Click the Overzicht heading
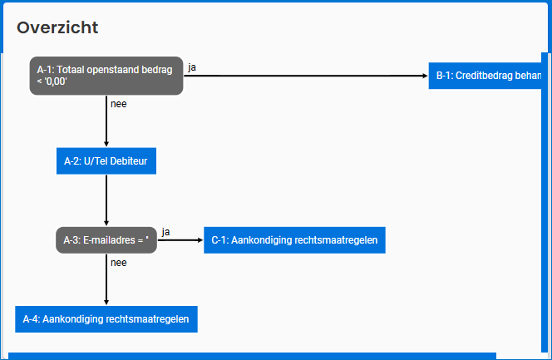(x=57, y=27)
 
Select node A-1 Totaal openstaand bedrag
(x=106, y=76)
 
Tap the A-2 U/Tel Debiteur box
(x=106, y=160)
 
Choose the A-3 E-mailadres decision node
(x=106, y=240)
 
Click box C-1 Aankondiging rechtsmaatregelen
(x=294, y=240)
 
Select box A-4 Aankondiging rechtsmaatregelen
(x=106, y=319)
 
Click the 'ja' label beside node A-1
(x=192, y=67)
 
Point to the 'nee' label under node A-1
(x=118, y=104)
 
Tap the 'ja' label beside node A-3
(x=166, y=231)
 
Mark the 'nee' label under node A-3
(x=118, y=263)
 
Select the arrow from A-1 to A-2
(x=106, y=121)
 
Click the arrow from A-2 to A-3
(x=106, y=200)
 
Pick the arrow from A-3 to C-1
(x=180, y=240)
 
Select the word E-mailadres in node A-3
(x=111, y=240)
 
